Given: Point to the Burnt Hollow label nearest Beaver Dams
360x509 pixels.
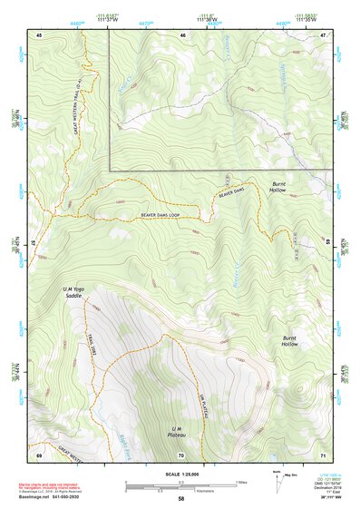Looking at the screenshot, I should (278, 188).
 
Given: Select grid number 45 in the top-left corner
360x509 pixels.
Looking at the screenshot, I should (39, 34).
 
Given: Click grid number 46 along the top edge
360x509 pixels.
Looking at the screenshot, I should (182, 34).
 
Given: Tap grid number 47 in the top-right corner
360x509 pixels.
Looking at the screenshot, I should (323, 34).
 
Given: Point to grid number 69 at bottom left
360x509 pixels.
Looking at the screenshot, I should (39, 453).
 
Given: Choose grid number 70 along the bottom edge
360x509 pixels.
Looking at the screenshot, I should (181, 453).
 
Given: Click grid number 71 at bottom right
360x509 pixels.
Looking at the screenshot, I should (323, 453).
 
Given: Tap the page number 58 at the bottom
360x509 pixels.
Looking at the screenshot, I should (181, 500).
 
